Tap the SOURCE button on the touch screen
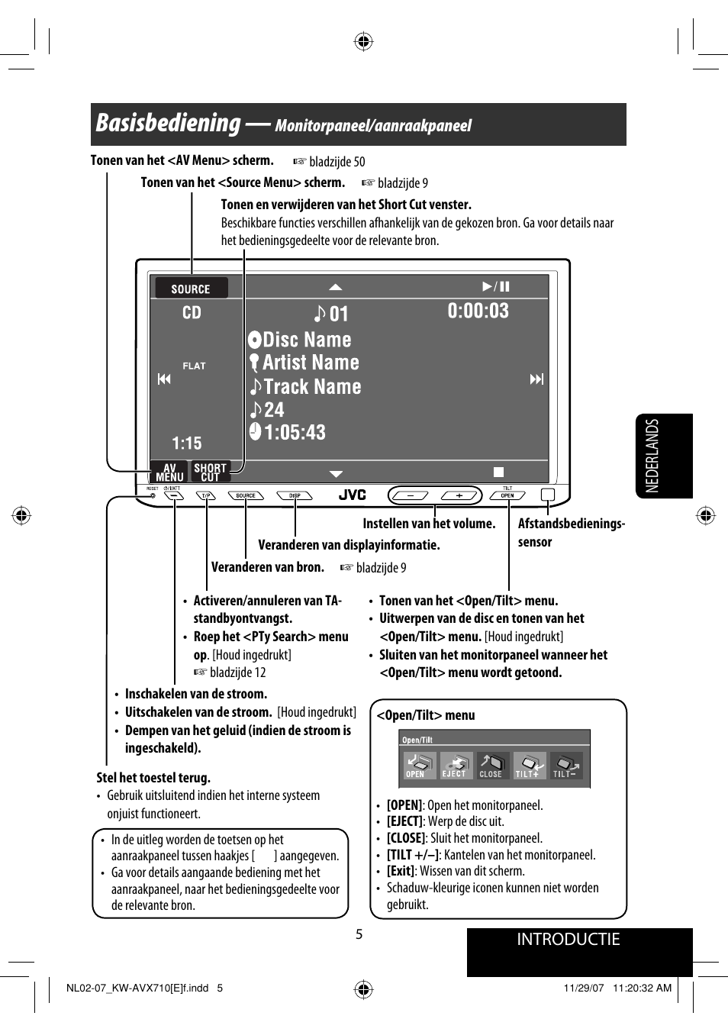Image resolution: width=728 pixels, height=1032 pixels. click(x=191, y=289)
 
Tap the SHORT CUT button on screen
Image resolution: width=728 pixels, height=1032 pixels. click(x=210, y=472)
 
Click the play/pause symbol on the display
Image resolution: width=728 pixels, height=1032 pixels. click(x=496, y=286)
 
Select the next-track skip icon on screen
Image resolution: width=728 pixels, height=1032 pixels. click(x=536, y=379)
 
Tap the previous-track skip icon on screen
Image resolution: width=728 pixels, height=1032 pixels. click(x=164, y=379)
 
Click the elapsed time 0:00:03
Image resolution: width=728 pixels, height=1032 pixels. click(x=478, y=311)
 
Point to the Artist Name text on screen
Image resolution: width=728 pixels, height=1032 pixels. click(x=310, y=363)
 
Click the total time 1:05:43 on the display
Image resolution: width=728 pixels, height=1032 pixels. click(x=295, y=433)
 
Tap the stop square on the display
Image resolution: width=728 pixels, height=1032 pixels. click(x=498, y=472)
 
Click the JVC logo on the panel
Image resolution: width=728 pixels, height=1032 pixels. click(x=352, y=495)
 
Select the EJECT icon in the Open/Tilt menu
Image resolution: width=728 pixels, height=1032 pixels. click(x=456, y=765)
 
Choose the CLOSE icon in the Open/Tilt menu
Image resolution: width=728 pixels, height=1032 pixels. click(x=491, y=765)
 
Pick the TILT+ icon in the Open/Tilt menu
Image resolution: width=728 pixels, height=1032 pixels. click(x=528, y=765)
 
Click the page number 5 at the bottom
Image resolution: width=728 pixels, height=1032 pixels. click(x=359, y=934)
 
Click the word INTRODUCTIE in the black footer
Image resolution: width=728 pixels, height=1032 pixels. click(x=568, y=940)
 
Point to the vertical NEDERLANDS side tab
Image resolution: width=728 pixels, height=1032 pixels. click(x=653, y=456)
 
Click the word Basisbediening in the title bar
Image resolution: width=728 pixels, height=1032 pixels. click(x=168, y=123)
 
